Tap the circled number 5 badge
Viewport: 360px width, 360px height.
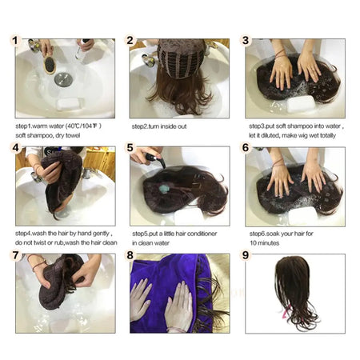pyautogui.click(x=130, y=148)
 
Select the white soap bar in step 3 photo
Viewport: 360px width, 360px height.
pyautogui.click(x=299, y=103)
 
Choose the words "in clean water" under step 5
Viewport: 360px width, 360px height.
pyautogui.click(x=152, y=242)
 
